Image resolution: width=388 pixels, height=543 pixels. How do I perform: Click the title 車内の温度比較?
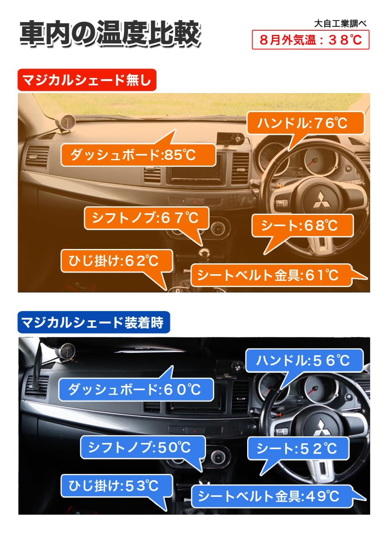pos(110,34)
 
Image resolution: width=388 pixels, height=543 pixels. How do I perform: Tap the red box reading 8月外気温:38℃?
pos(310,40)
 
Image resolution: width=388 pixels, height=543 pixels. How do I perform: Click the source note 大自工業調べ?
pos(340,24)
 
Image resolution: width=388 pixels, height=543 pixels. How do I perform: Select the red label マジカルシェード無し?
pos(87,80)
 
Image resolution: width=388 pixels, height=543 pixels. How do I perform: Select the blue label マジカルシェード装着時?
pos(94,322)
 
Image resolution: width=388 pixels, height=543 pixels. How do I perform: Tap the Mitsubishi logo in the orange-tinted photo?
pos(321,200)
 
